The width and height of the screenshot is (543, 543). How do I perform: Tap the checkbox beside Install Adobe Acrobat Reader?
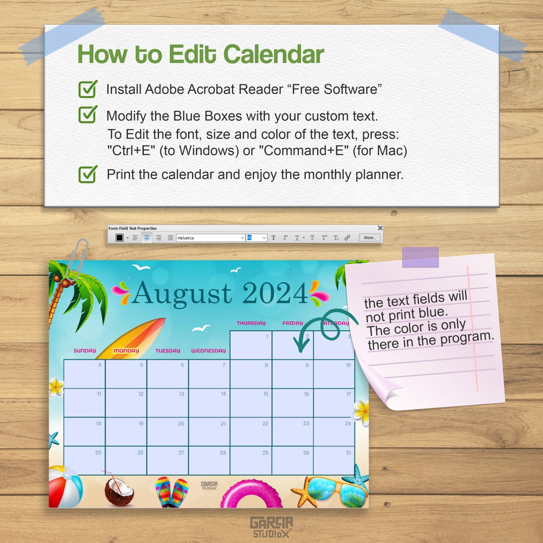88,89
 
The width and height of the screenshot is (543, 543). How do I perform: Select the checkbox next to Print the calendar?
88,174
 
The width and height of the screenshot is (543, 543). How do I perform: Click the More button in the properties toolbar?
369,238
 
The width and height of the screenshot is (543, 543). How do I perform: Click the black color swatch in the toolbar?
120,238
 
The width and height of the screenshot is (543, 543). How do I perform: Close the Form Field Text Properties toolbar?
380,228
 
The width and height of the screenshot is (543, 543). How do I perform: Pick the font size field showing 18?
256,238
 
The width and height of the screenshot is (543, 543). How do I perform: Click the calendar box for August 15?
251,403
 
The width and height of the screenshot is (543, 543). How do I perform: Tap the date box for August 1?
251,345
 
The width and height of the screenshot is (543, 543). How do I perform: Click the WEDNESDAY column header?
209,351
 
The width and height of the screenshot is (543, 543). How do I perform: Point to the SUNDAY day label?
85,351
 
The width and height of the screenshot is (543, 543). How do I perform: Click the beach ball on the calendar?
65,487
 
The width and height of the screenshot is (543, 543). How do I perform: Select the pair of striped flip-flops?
171,492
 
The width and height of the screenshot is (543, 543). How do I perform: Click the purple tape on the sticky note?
420,257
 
